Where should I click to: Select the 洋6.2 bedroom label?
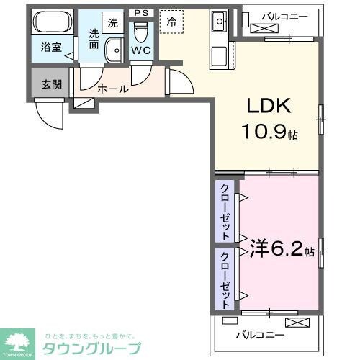pyautogui.click(x=276, y=250)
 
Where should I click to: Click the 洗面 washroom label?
pyautogui.click(x=94, y=37)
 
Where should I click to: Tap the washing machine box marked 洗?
pyautogui.click(x=112, y=22)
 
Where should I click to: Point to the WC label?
pyautogui.click(x=141, y=51)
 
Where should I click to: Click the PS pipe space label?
pyautogui.click(x=140, y=12)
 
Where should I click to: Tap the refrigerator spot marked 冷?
pyautogui.click(x=171, y=22)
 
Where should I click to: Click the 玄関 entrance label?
pyautogui.click(x=51, y=84)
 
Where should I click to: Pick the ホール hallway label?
pyautogui.click(x=112, y=89)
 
